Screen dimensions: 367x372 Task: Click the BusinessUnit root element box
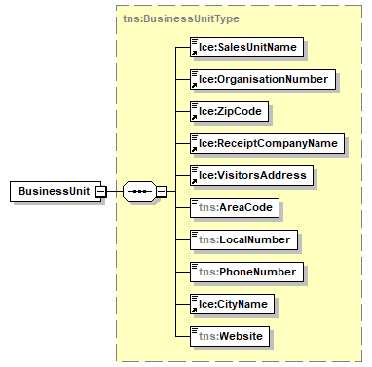click(x=51, y=191)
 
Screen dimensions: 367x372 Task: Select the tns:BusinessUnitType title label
click(x=179, y=18)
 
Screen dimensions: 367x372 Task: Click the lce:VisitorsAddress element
click(x=250, y=175)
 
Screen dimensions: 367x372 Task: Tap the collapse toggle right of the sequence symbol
click(x=162, y=191)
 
